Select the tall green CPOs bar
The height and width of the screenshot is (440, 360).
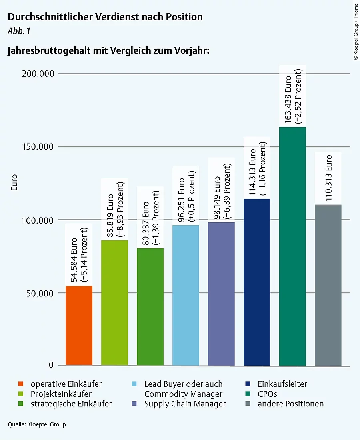tap(292, 246)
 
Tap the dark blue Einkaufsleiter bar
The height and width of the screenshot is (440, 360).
tap(257, 282)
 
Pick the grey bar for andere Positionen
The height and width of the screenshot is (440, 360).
tap(328, 285)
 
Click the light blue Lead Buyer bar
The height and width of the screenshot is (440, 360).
tap(186, 295)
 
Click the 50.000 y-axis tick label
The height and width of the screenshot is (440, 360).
tap(36, 293)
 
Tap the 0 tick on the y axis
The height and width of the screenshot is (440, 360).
tap(51, 365)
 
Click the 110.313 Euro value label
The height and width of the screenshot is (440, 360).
tap(328, 178)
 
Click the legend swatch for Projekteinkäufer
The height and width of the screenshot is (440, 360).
tap(22, 394)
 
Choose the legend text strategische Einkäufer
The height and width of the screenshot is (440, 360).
tap(71, 404)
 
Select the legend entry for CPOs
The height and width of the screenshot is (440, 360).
tap(267, 394)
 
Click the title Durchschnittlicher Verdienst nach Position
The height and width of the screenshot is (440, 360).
tap(105, 17)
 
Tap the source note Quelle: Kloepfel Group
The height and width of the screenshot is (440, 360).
tap(37, 424)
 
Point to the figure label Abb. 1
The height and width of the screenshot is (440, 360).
tap(19, 31)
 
